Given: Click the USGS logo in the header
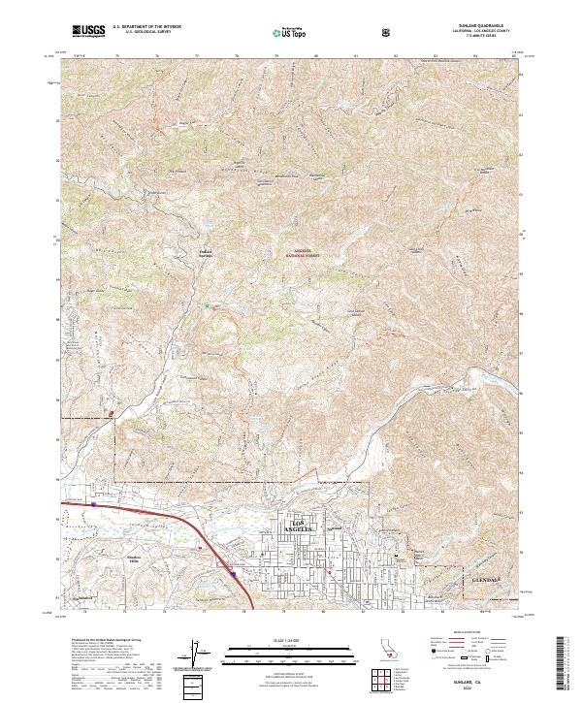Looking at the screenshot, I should point(88,31).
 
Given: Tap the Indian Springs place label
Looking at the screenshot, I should point(205,255).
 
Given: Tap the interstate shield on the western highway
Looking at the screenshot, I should point(93,504).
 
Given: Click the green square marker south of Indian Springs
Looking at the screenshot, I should point(206,306).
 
